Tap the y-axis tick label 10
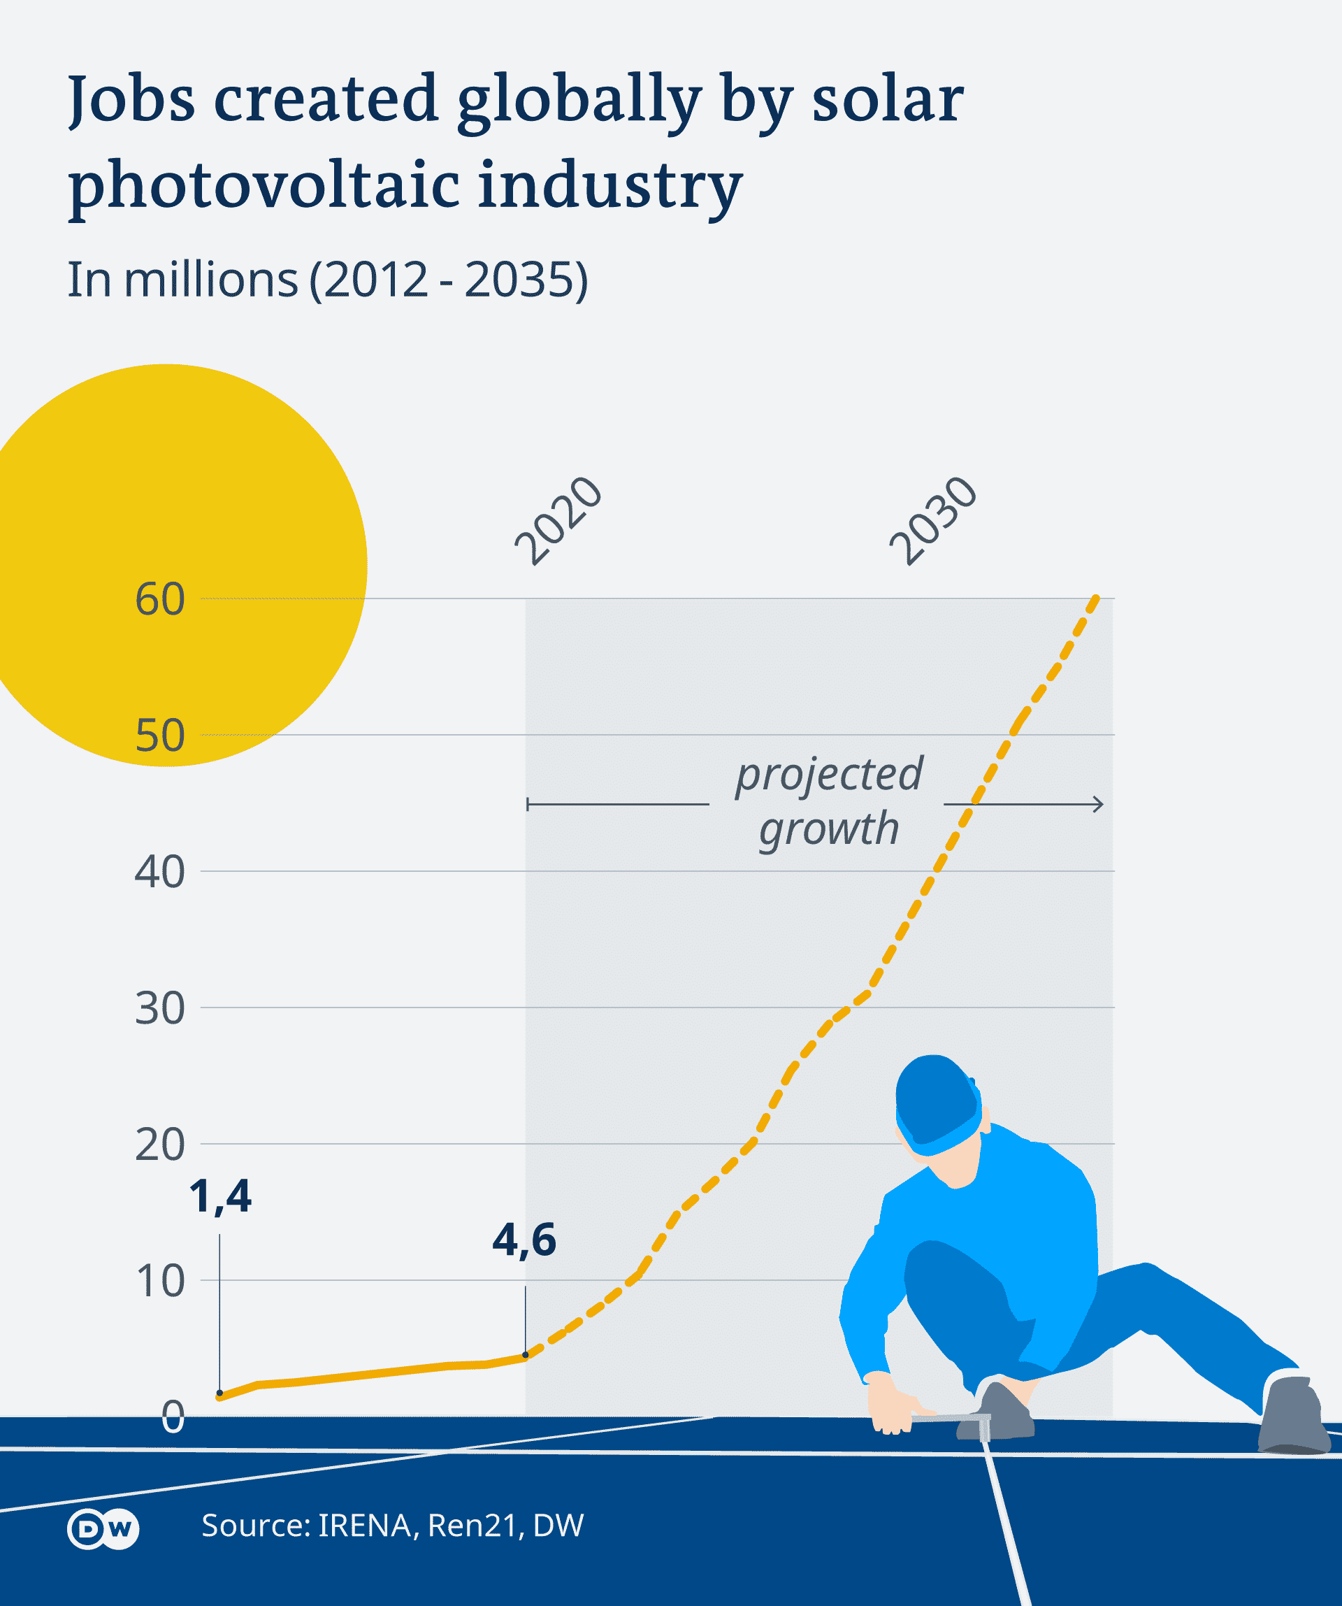coord(160,1281)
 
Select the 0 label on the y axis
coord(173,1417)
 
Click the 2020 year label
coord(559,521)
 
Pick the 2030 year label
coord(934,521)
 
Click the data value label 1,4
coord(220,1197)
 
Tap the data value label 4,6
coord(524,1240)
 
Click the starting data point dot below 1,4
coord(220,1393)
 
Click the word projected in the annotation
coord(829,774)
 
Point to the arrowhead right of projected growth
coord(1099,804)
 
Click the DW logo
coord(103,1529)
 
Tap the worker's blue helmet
coord(937,1101)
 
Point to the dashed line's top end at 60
coord(1097,598)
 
